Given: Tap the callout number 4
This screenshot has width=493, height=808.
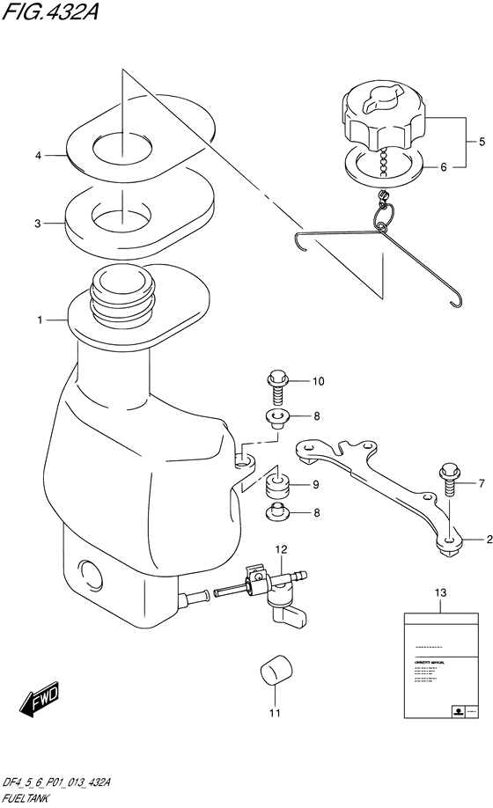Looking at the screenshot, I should pyautogui.click(x=39, y=156).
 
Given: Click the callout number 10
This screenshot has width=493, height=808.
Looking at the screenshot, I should pyautogui.click(x=319, y=382).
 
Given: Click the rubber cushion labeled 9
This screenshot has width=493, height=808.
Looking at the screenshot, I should pyautogui.click(x=279, y=486).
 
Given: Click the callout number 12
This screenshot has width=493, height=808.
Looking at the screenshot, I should pyautogui.click(x=280, y=550).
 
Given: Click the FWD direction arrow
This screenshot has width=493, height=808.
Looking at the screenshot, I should pyautogui.click(x=39, y=701).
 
